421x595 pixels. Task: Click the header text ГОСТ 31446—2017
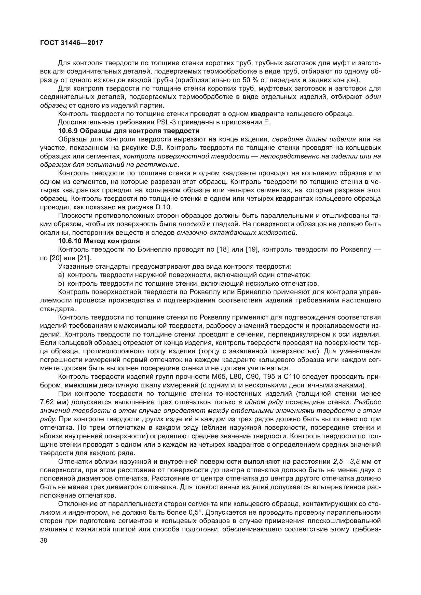point(72,43)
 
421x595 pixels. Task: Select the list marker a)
point(61,275)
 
